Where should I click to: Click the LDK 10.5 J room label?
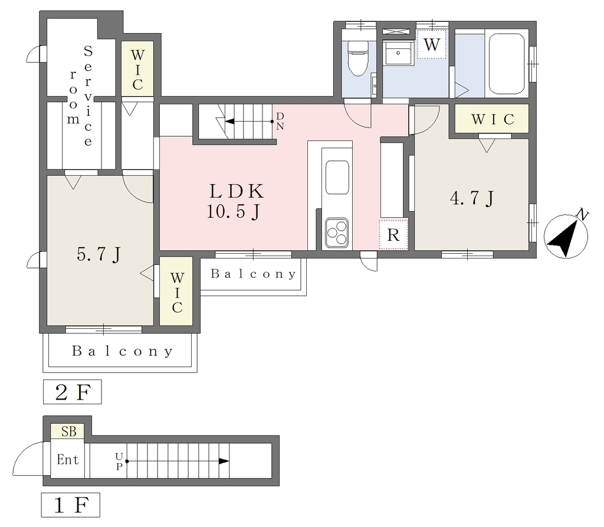236,201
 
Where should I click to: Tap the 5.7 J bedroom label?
99,254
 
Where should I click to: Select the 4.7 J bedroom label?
472,198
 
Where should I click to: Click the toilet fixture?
358,58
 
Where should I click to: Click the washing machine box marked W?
431,44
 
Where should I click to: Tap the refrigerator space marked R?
393,234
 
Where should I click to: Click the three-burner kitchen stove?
337,233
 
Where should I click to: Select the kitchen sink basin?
337,177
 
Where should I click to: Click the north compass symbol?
566,235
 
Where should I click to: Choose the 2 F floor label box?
73,392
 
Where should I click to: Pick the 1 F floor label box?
71,505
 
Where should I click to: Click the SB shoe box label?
69,431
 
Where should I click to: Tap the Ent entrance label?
67,460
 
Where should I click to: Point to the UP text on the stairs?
119,461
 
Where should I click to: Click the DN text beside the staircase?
280,121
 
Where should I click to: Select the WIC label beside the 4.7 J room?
493,119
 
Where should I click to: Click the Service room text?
81,96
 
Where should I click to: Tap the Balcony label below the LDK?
253,274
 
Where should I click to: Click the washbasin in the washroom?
398,53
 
